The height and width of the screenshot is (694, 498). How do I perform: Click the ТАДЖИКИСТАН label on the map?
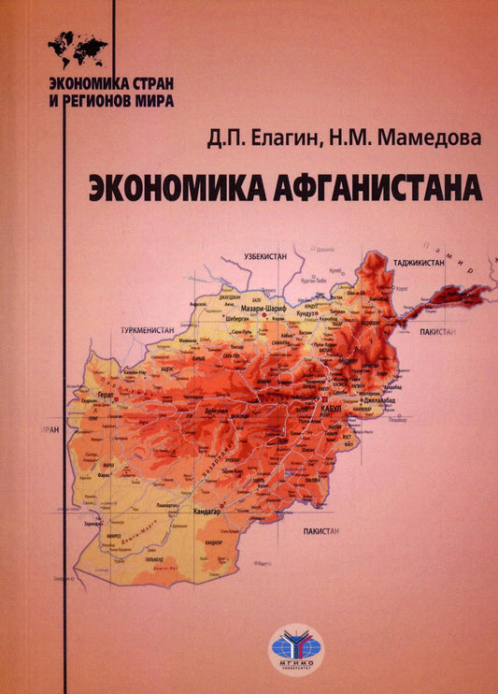click(x=419, y=265)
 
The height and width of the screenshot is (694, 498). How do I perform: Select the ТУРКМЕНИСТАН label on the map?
click(x=148, y=331)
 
